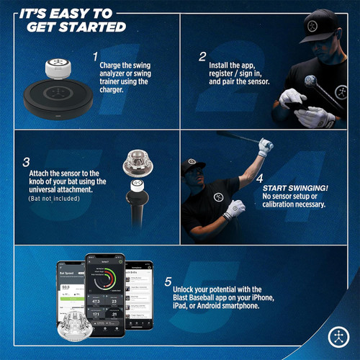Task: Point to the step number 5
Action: click(x=167, y=283)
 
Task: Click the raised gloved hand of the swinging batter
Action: click(x=266, y=147)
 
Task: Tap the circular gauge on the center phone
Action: click(x=105, y=278)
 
